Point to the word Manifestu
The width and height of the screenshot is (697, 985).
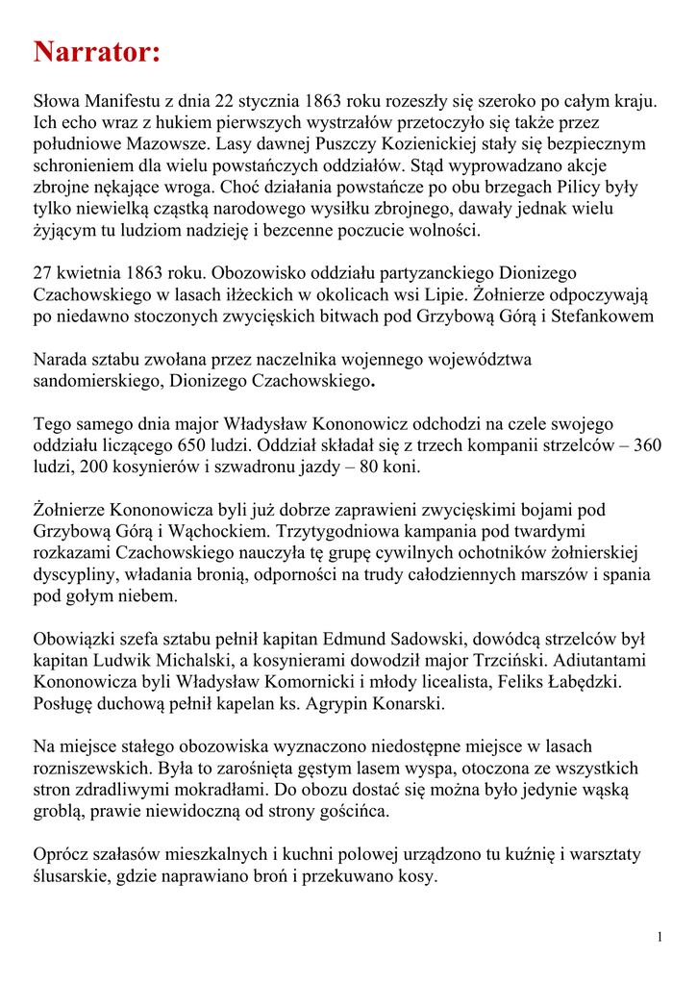click(x=128, y=101)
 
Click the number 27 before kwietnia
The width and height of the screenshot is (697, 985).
click(x=44, y=273)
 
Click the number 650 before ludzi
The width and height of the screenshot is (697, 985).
click(x=194, y=445)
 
